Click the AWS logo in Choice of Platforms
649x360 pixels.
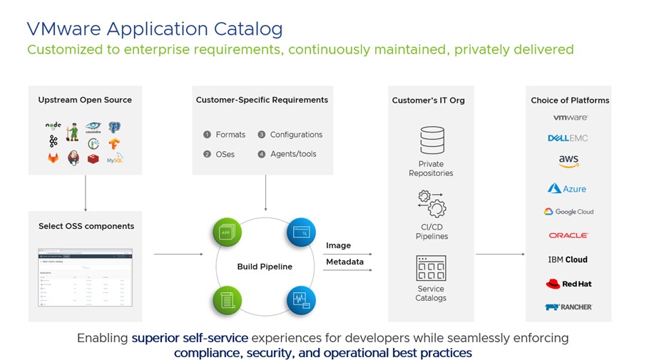point(568,162)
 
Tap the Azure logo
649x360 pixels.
point(567,188)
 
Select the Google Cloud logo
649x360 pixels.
point(568,212)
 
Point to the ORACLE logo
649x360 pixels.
point(568,235)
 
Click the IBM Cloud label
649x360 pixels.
point(568,259)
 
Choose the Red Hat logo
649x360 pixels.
point(568,284)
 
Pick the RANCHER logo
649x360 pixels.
point(568,307)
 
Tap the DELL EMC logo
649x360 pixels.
point(568,138)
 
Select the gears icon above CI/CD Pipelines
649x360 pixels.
point(431,203)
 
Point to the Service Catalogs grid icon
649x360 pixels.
point(431,268)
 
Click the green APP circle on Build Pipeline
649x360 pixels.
point(225,232)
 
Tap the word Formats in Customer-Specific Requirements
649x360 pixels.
point(230,135)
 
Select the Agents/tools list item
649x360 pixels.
point(292,154)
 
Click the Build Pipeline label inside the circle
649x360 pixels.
point(265,267)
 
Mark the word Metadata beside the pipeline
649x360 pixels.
point(344,262)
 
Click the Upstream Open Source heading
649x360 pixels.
point(85,100)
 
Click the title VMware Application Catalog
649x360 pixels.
point(154,29)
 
